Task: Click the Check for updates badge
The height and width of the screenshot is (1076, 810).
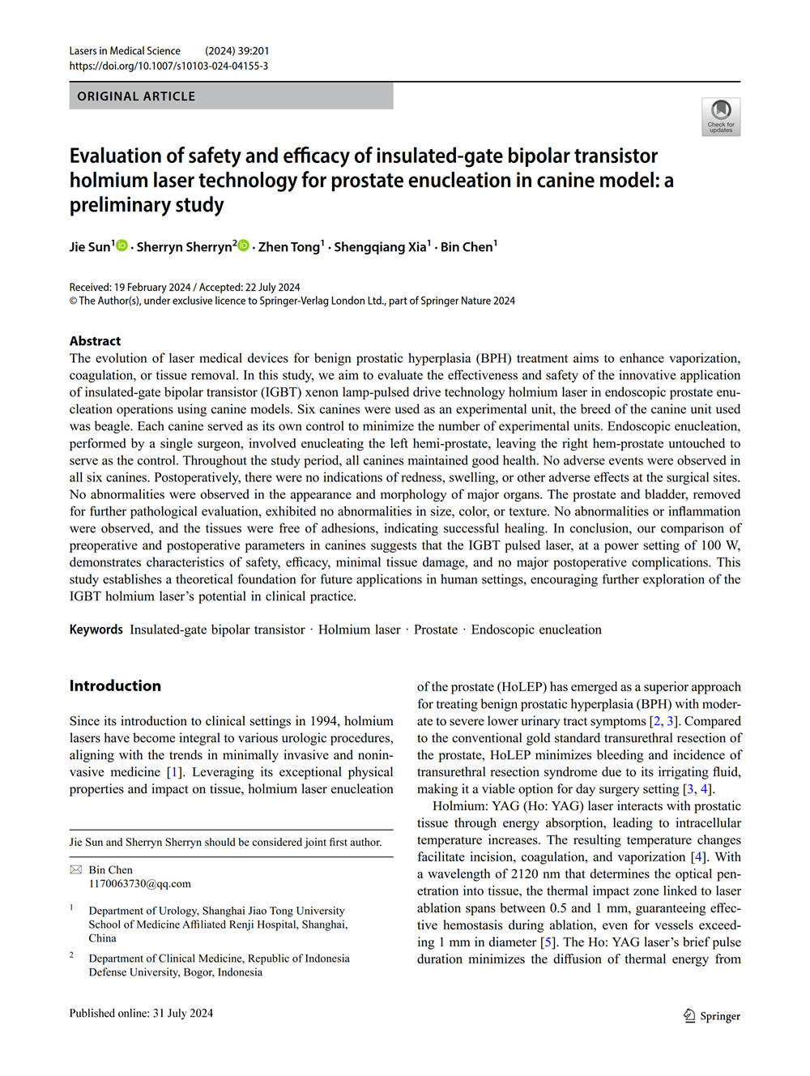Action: pyautogui.click(x=720, y=117)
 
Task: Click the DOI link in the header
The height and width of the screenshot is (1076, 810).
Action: pyautogui.click(x=168, y=66)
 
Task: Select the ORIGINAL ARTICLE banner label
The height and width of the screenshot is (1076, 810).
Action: pyautogui.click(x=136, y=96)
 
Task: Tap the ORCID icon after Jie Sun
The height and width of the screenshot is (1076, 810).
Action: pyautogui.click(x=122, y=246)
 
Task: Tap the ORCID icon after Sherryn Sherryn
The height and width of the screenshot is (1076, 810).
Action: pyautogui.click(x=243, y=246)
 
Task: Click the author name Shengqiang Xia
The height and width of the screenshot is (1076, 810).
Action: pyautogui.click(x=380, y=247)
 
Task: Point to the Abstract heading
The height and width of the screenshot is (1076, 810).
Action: pyautogui.click(x=95, y=341)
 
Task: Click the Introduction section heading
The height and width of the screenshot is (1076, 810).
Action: pyautogui.click(x=115, y=685)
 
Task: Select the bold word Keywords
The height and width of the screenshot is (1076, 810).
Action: pyautogui.click(x=96, y=630)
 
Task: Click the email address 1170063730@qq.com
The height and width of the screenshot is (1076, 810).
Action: pyautogui.click(x=139, y=883)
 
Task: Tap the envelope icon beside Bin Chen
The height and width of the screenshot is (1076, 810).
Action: pyautogui.click(x=76, y=869)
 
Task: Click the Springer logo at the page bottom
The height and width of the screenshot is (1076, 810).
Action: pyautogui.click(x=711, y=1016)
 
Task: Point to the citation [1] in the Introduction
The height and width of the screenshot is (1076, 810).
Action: pyautogui.click(x=173, y=772)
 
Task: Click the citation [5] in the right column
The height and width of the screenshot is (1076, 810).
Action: pyautogui.click(x=548, y=942)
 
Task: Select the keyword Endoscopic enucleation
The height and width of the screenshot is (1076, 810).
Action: pyautogui.click(x=536, y=630)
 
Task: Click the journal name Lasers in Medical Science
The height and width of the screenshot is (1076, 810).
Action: pyautogui.click(x=125, y=51)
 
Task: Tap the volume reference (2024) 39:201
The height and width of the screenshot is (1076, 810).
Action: pyautogui.click(x=237, y=51)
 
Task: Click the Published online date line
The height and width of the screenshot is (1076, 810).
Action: pyautogui.click(x=141, y=1013)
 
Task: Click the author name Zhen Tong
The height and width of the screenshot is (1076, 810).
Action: pyautogui.click(x=289, y=247)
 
